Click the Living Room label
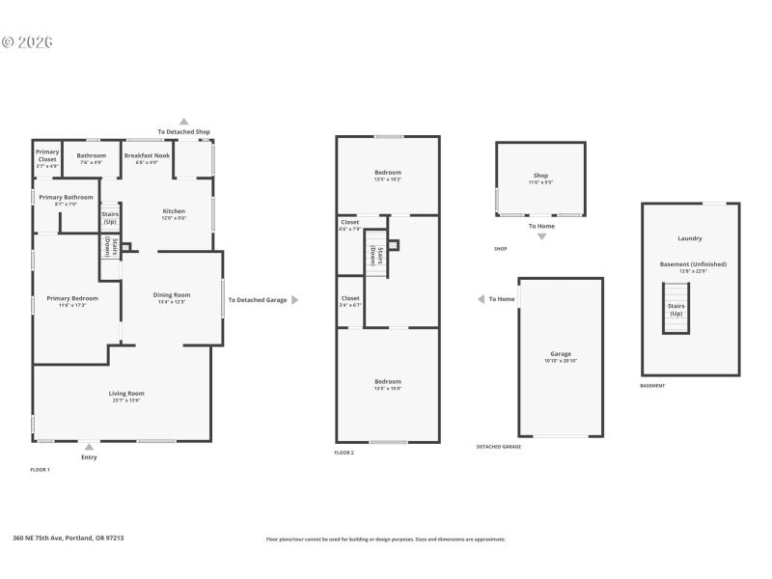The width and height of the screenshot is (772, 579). point(125,393)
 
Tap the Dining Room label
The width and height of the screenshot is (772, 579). point(172,295)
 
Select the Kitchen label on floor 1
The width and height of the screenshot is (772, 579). point(174,210)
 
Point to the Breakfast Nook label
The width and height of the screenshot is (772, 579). point(147,155)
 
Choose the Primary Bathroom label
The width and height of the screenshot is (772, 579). point(65,198)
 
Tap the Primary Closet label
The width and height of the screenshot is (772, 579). point(47,155)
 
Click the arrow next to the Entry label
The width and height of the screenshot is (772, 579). point(89,446)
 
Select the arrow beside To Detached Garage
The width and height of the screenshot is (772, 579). point(294,300)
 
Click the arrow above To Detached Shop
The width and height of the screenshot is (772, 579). point(183,122)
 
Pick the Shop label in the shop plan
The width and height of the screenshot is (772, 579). point(540,176)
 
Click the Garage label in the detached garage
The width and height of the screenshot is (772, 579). point(561,354)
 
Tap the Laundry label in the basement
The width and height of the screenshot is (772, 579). point(690,238)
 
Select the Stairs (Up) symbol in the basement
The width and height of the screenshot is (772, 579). point(675,309)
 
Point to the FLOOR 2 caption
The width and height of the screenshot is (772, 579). point(345,453)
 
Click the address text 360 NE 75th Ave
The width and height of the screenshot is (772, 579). point(68,538)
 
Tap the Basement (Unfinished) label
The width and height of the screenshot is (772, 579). point(693,263)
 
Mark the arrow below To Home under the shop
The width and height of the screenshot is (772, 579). point(541,236)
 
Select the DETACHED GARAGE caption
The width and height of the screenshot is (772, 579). point(499,447)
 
